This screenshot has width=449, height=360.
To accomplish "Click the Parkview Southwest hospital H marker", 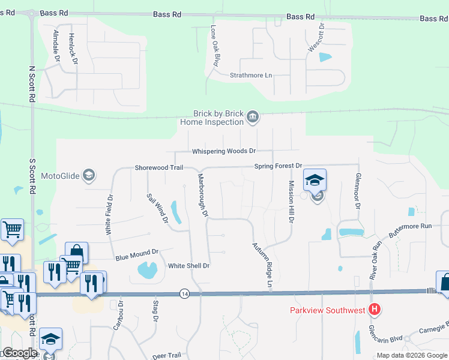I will click(x=375, y=310).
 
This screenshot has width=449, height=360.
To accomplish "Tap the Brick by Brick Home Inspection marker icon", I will click(x=253, y=116).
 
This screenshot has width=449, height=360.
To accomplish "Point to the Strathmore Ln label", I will click(x=251, y=76).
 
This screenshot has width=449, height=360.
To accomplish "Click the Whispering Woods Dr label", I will click(x=224, y=151).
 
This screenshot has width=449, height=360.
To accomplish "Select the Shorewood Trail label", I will click(x=158, y=168).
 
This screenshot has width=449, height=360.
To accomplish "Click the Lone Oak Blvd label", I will click(x=213, y=46).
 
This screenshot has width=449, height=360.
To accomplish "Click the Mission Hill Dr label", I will click(x=291, y=202).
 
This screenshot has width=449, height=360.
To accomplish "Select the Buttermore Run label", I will click(x=409, y=226).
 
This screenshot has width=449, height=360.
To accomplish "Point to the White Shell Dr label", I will click(x=188, y=266).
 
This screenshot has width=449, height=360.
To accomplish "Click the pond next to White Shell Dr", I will click(x=148, y=270).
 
